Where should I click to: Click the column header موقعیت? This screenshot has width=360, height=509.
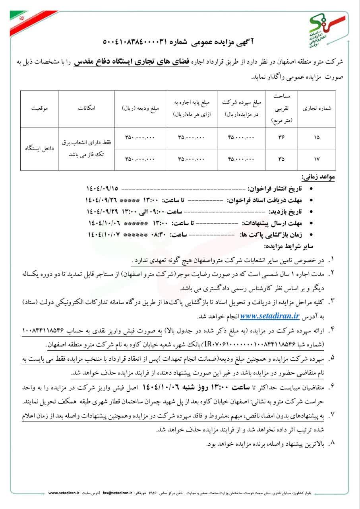pos(38,108)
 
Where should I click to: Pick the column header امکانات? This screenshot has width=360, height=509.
pos(86,108)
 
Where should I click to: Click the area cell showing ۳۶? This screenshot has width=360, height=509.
pos(282,138)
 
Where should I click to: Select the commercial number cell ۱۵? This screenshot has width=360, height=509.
pos(317,138)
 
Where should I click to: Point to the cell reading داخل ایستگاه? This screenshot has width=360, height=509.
pos(39,148)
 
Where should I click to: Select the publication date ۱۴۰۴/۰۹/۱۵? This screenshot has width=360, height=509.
pos(103,188)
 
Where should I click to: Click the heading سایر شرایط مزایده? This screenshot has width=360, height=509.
pos(300,246)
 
